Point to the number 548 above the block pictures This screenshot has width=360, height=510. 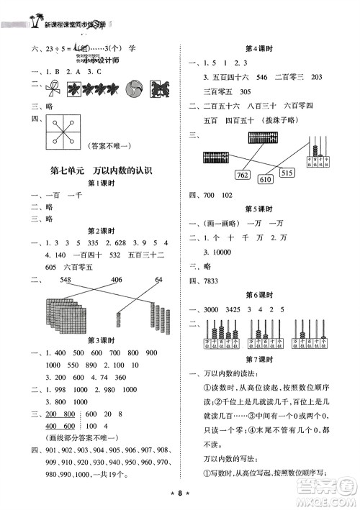(69, 280)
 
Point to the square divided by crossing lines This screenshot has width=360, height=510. (63, 131)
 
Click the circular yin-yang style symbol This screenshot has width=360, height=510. (135, 88)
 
